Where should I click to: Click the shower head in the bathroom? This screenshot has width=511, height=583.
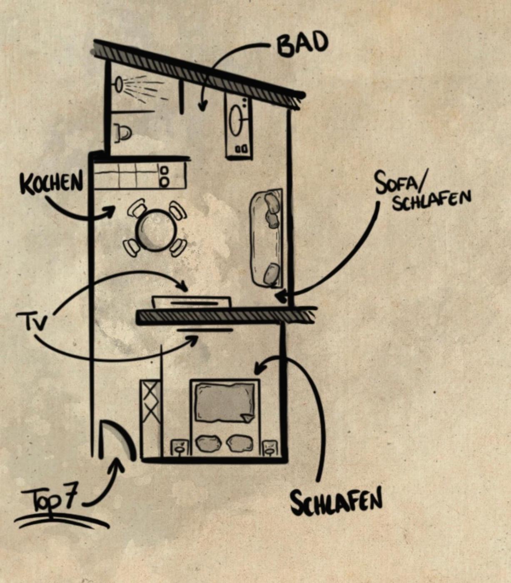pyautogui.click(x=119, y=85)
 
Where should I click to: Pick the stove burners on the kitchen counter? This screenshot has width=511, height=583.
pyautogui.click(x=164, y=176)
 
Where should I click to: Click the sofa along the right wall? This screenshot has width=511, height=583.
pyautogui.click(x=267, y=238)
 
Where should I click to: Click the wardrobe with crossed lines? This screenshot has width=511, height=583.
pyautogui.click(x=151, y=416)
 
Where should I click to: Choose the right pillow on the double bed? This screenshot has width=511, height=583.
pyautogui.click(x=239, y=443)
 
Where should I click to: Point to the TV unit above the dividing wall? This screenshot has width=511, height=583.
pyautogui.click(x=192, y=301)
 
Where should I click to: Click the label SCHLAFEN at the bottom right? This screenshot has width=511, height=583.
pyautogui.click(x=336, y=501)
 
